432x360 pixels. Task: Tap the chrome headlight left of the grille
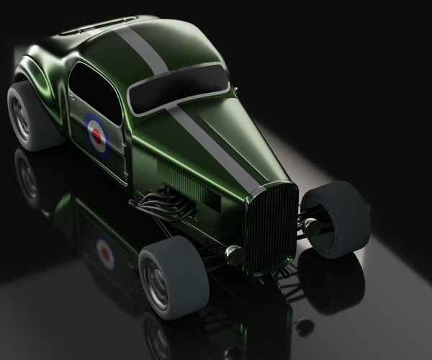tap(233, 253)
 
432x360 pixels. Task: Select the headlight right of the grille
tap(311, 227)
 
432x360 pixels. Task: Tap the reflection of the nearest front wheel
tap(162, 338)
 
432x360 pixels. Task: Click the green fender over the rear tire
tap(43, 76)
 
